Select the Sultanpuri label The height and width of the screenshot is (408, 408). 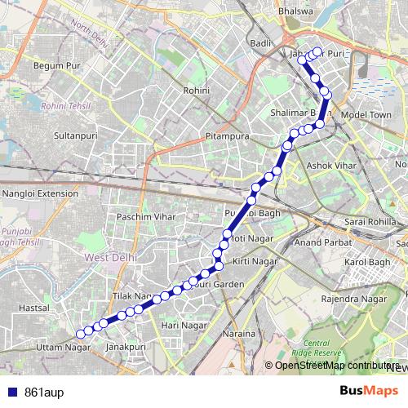pyautogui.click(x=71, y=133)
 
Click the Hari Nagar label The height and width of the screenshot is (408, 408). pyautogui.click(x=184, y=325)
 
